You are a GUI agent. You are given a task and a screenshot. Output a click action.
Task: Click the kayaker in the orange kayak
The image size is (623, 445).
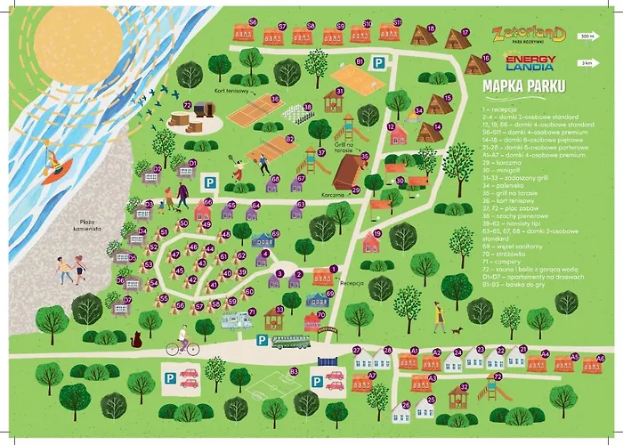pyautogui.click(x=59, y=166)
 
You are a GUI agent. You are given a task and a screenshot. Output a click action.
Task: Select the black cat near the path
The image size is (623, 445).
pyautogui.click(x=136, y=339)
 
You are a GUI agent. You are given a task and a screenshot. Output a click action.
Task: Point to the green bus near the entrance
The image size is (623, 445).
pyautogui.click(x=290, y=342)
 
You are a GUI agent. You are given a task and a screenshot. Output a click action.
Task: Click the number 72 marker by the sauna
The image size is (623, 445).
pyautogui.click(x=187, y=105)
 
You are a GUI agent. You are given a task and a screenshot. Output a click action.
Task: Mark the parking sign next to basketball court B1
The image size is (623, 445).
pyautogui.click(x=378, y=63)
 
